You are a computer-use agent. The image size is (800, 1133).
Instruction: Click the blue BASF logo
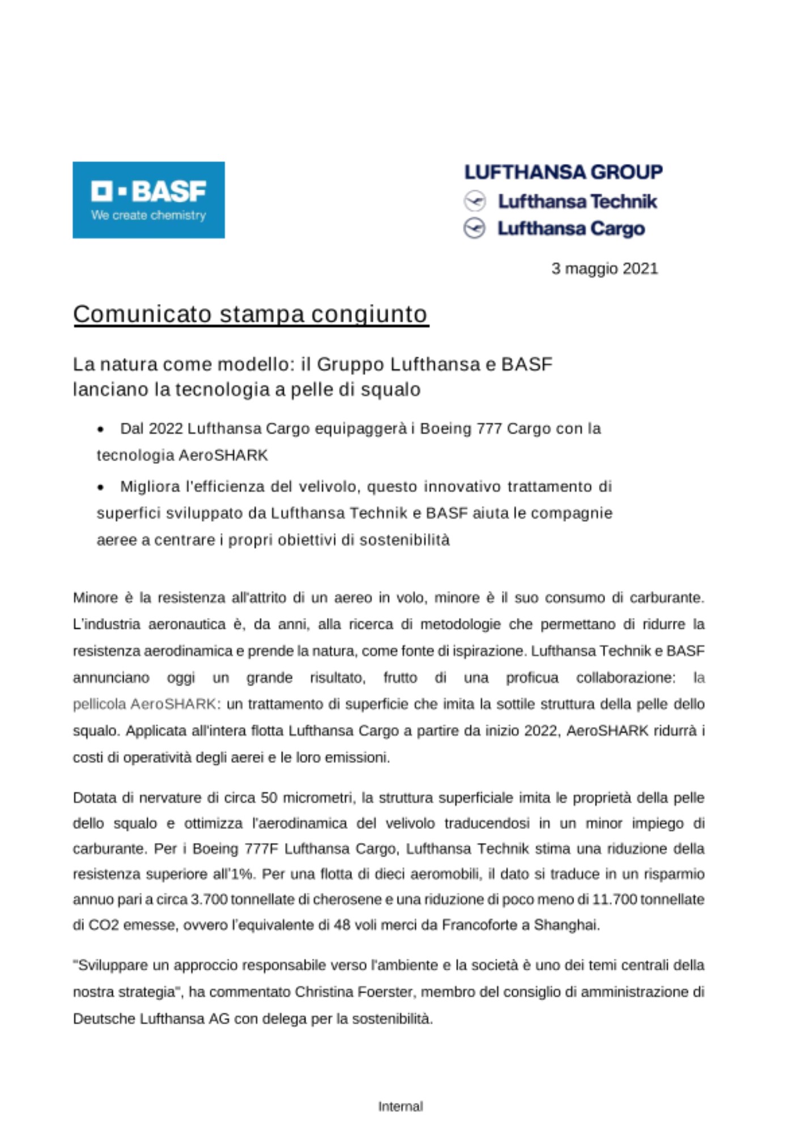[x=148, y=199]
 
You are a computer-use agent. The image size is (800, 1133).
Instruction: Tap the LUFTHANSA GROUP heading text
[x=563, y=172]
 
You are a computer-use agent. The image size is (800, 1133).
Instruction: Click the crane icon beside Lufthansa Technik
[x=475, y=201]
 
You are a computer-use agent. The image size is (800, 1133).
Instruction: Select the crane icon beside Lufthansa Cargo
[x=475, y=228]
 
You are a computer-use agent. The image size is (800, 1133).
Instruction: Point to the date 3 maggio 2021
[x=605, y=269]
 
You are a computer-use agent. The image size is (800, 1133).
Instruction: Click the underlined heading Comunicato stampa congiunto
[x=250, y=314]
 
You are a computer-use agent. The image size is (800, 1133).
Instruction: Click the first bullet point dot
[x=101, y=429]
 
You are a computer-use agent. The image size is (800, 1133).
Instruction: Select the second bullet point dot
[x=101, y=487]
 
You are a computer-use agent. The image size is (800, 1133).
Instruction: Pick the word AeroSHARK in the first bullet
[x=223, y=455]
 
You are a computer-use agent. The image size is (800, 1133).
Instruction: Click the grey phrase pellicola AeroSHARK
[x=144, y=704]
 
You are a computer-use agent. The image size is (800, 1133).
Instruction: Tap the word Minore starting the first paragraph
[x=95, y=598]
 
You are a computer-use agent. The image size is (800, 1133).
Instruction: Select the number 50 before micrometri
[x=269, y=798]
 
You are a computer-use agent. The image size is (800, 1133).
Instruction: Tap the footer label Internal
[x=401, y=1106]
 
